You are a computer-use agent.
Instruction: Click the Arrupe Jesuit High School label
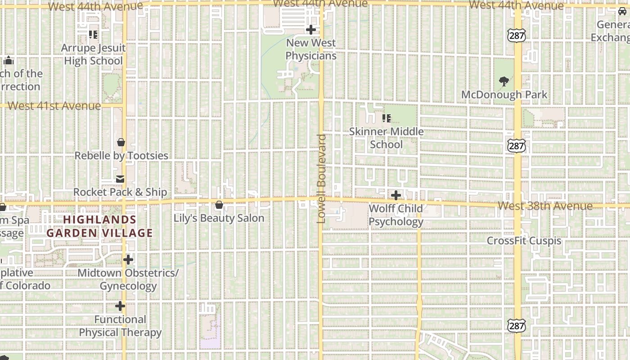pyautogui.click(x=93, y=54)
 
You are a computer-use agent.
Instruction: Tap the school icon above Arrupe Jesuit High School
pyautogui.click(x=93, y=34)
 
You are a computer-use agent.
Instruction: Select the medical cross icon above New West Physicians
pyautogui.click(x=310, y=30)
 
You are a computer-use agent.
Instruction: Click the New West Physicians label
pyautogui.click(x=310, y=49)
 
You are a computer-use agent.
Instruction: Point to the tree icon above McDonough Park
pyautogui.click(x=504, y=81)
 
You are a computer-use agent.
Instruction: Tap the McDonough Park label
pyautogui.click(x=504, y=94)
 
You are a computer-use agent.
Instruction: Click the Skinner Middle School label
pyautogui.click(x=386, y=138)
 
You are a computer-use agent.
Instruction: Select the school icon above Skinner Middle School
pyautogui.click(x=386, y=118)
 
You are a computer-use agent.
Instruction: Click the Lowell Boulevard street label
pyautogui.click(x=321, y=179)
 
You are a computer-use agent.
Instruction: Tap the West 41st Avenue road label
pyautogui.click(x=54, y=106)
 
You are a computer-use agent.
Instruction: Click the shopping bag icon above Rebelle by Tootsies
pyautogui.click(x=121, y=142)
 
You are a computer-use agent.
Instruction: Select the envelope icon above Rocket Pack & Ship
pyautogui.click(x=120, y=179)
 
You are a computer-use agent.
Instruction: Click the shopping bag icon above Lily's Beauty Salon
pyautogui.click(x=219, y=205)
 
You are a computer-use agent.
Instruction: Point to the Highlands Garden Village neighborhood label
pyautogui.click(x=99, y=226)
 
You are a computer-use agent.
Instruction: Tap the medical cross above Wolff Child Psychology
pyautogui.click(x=396, y=195)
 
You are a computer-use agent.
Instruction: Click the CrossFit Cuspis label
pyautogui.click(x=524, y=241)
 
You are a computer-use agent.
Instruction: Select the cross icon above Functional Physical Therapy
pyautogui.click(x=120, y=306)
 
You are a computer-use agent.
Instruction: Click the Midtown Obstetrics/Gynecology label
pyautogui.click(x=128, y=279)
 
